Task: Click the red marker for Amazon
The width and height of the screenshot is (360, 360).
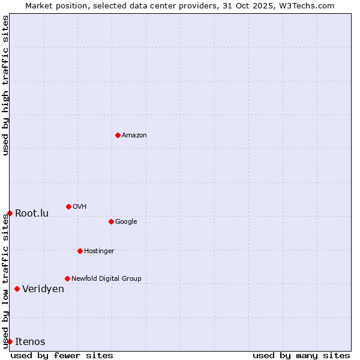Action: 118,135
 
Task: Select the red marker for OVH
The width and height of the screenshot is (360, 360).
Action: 68,206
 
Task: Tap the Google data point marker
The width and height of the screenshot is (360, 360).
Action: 111,221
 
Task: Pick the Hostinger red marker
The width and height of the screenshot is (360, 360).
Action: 80,251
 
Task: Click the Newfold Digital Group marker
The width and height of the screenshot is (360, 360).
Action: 67,278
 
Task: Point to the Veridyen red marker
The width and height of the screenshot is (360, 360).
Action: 17,289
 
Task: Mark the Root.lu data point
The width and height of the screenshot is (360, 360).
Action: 10,213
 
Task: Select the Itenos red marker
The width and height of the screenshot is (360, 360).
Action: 10,341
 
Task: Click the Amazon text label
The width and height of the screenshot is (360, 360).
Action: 134,136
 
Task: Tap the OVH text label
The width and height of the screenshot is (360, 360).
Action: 80,207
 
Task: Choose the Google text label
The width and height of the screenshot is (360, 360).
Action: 126,222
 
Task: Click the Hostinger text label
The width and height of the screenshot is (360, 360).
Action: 99,251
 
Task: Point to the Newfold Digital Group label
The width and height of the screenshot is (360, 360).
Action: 106,279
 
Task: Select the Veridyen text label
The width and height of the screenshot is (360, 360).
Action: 43,289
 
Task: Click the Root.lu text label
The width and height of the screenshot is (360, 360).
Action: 32,214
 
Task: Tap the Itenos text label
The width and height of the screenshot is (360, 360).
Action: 30,342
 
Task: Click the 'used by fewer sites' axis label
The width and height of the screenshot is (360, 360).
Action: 62,355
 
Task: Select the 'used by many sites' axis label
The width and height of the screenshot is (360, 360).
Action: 301,355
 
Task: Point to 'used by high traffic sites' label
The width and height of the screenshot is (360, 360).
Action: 5,85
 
